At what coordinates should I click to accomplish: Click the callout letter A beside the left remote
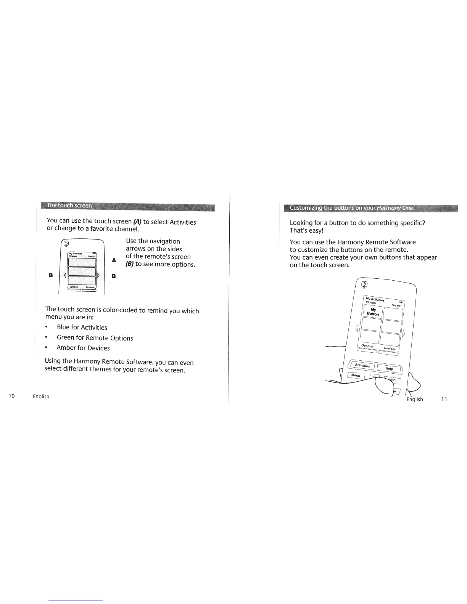pyautogui.click(x=114, y=260)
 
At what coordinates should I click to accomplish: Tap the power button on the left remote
pyautogui.click(x=66, y=244)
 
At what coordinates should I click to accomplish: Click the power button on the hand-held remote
pyautogui.click(x=364, y=284)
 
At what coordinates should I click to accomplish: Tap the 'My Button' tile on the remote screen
pyautogui.click(x=373, y=312)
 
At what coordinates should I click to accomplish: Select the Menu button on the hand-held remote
pyautogui.click(x=356, y=375)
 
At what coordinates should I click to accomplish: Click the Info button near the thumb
pyautogui.click(x=393, y=380)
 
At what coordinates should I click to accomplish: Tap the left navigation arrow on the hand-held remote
pyautogui.click(x=357, y=328)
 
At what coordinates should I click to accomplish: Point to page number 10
pyautogui.click(x=12, y=396)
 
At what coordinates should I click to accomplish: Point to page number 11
pyautogui.click(x=444, y=399)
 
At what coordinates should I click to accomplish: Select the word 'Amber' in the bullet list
pyautogui.click(x=66, y=348)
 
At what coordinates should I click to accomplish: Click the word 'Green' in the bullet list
pyautogui.click(x=66, y=337)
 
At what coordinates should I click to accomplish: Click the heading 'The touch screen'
pyautogui.click(x=69, y=206)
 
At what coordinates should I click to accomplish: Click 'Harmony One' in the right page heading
pyautogui.click(x=395, y=208)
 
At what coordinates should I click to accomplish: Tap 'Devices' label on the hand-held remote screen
pyautogui.click(x=390, y=348)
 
